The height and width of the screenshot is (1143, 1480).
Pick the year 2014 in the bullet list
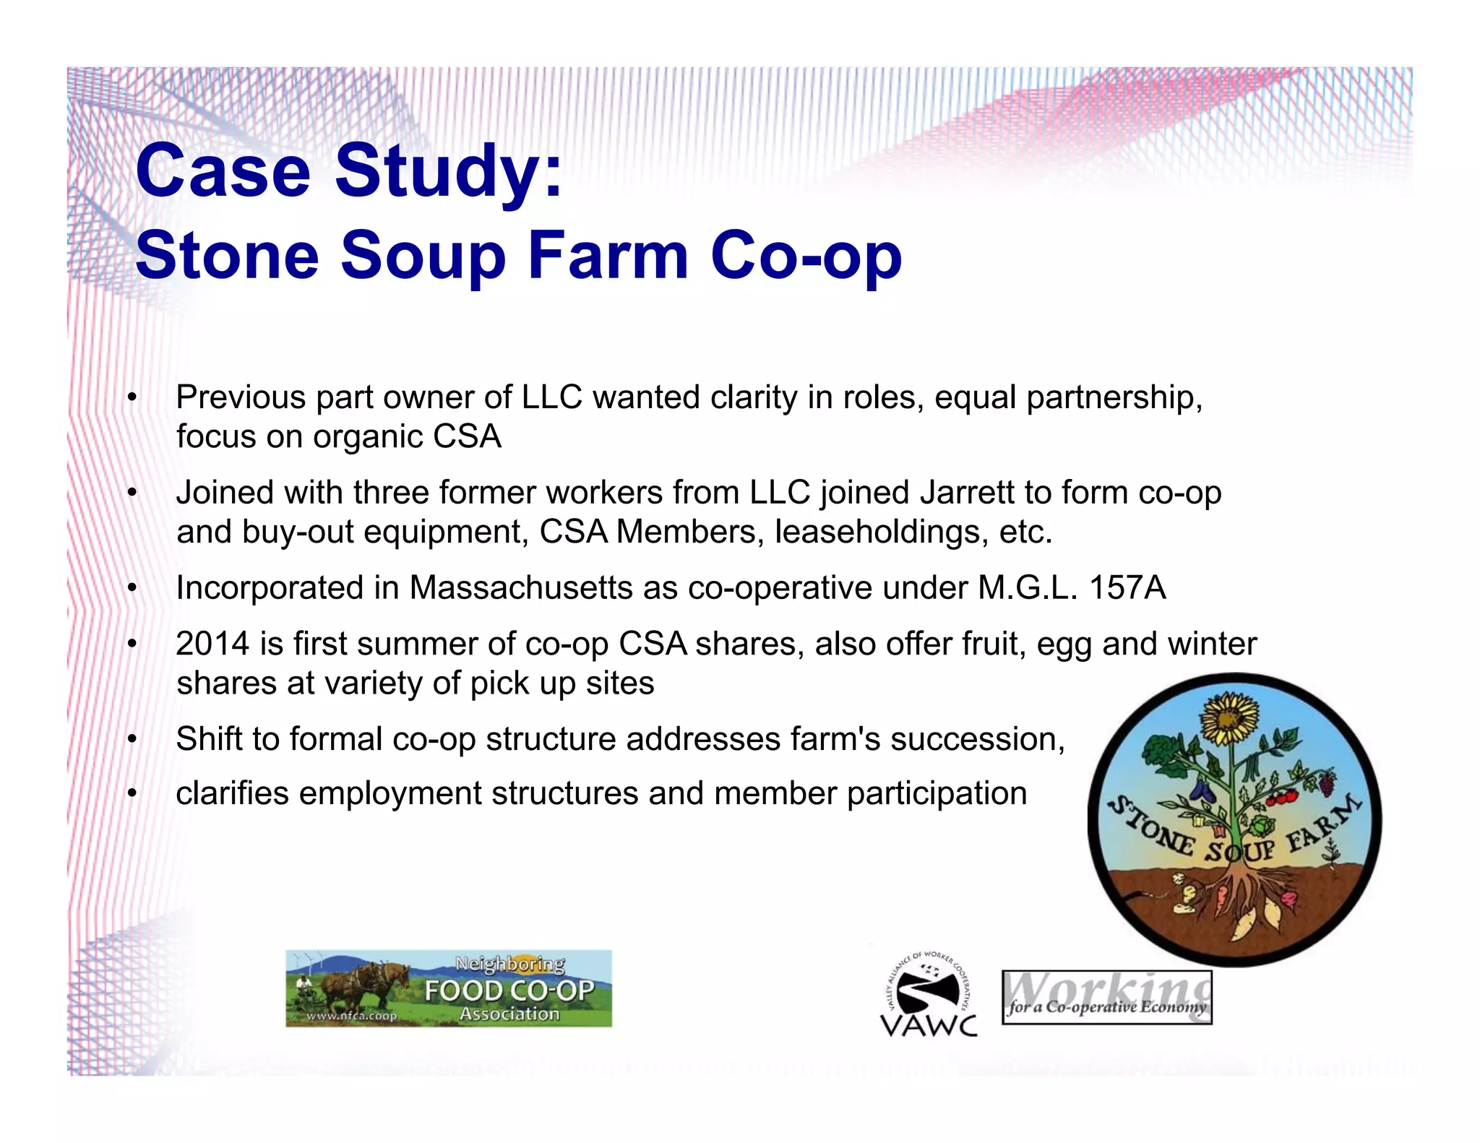[x=212, y=644]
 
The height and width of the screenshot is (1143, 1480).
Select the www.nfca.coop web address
[x=351, y=1016]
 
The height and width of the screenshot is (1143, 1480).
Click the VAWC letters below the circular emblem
[x=928, y=1025]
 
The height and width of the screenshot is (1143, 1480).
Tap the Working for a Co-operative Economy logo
[x=1106, y=997]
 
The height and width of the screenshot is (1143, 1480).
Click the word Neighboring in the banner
[x=510, y=964]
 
